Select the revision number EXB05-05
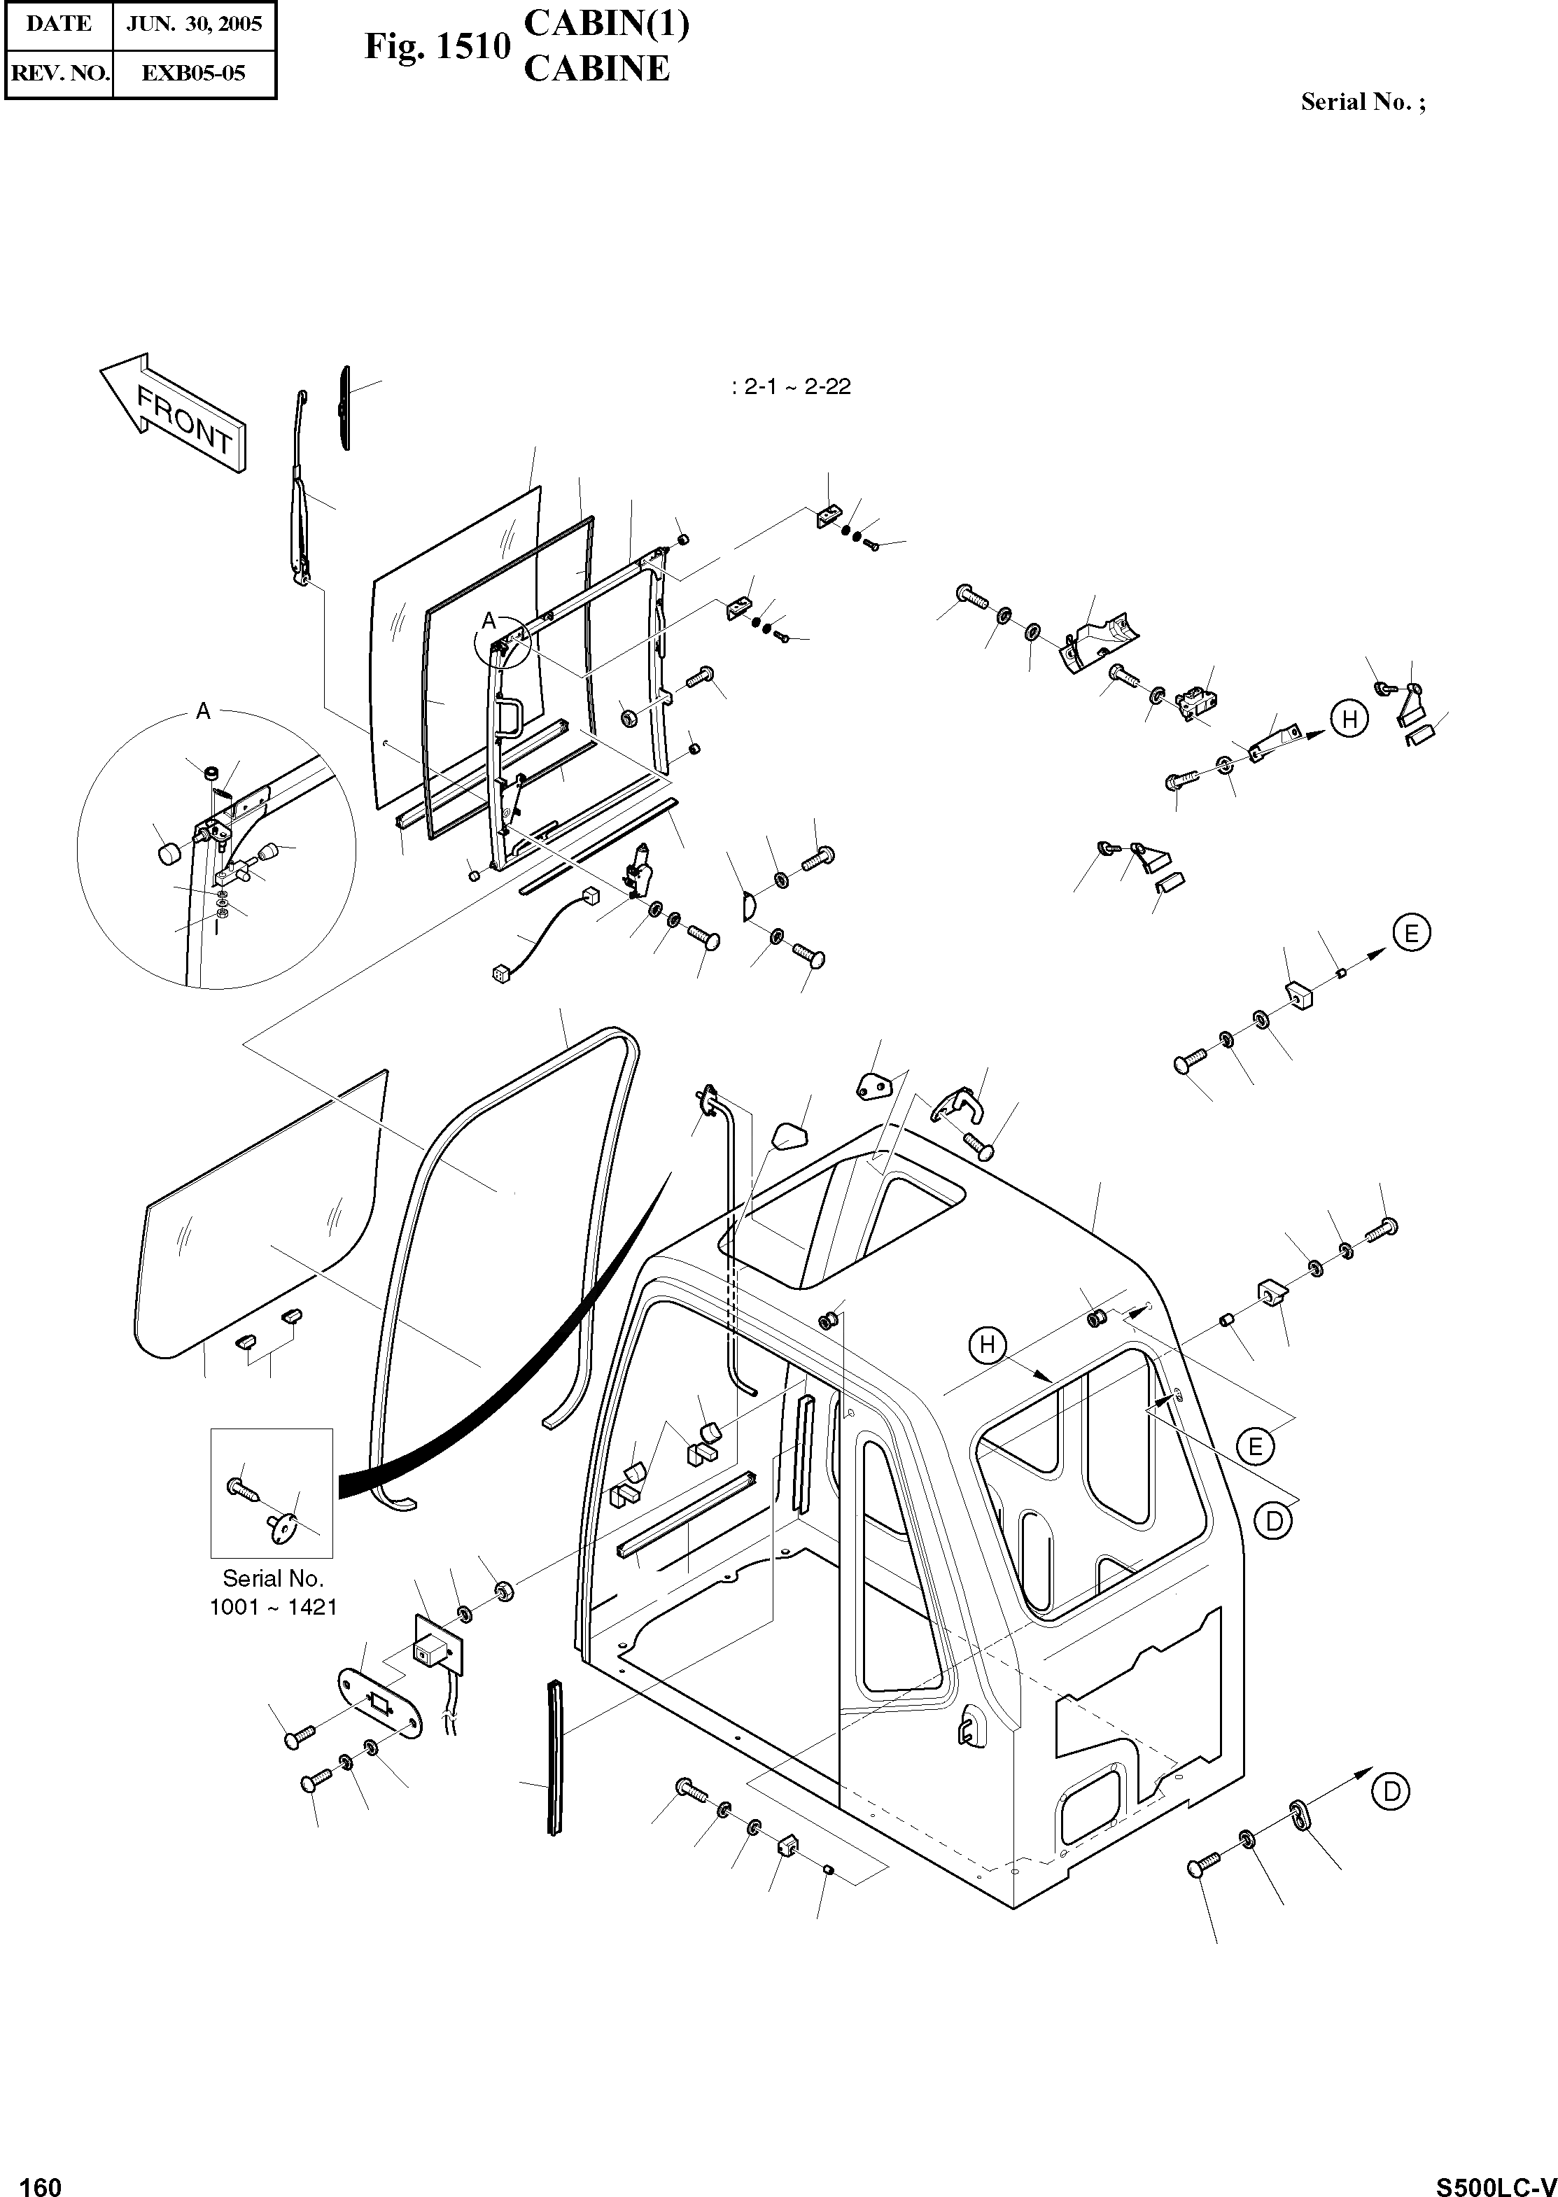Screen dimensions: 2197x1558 tap(194, 73)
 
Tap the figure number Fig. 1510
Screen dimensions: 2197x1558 tap(437, 46)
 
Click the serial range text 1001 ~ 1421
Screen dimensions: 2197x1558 tap(274, 1606)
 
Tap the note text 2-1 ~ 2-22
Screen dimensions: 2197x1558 tap(792, 388)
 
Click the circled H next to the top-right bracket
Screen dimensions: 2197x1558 tap(1349, 719)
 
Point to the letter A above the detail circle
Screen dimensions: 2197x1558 tap(202, 711)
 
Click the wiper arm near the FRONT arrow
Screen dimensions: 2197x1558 tap(300, 499)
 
